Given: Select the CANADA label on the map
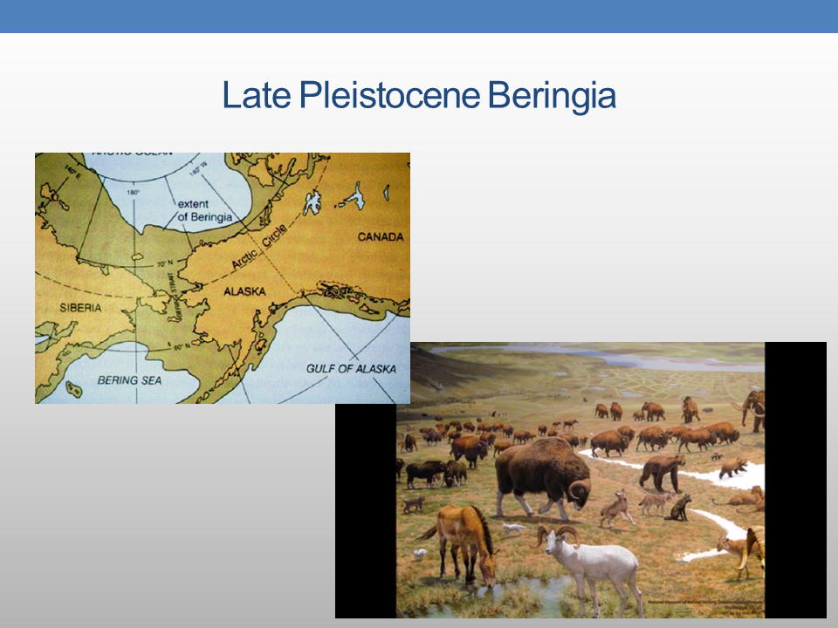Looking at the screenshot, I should tap(380, 236).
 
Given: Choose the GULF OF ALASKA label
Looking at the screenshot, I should tap(350, 369).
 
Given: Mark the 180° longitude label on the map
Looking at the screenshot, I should tap(133, 192).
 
